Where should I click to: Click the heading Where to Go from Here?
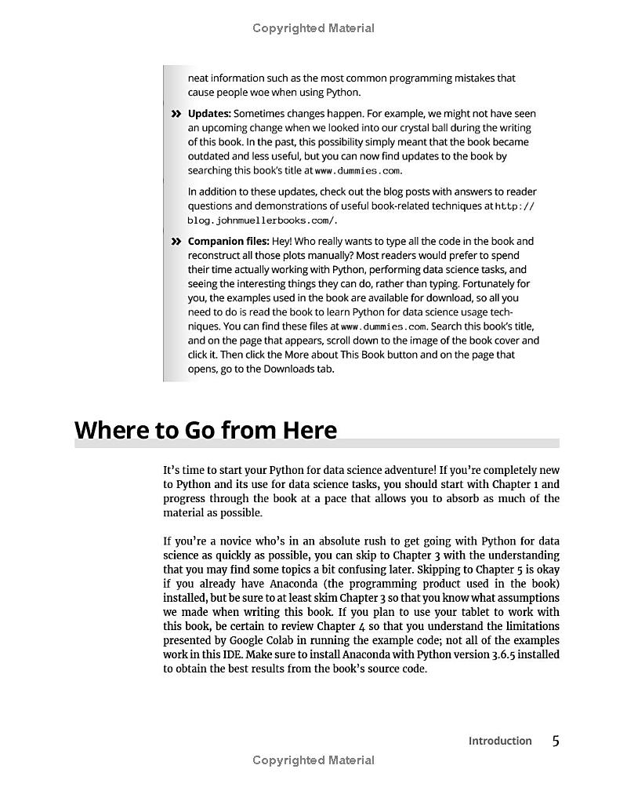205,430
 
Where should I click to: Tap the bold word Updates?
209,114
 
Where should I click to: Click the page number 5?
556,741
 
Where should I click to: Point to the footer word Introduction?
500,741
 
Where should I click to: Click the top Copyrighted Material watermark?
313,28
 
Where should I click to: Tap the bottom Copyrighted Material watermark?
313,760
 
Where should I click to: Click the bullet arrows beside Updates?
176,115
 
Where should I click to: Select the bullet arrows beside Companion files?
176,242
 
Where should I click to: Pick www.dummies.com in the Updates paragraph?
358,171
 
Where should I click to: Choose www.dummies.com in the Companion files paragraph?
384,326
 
